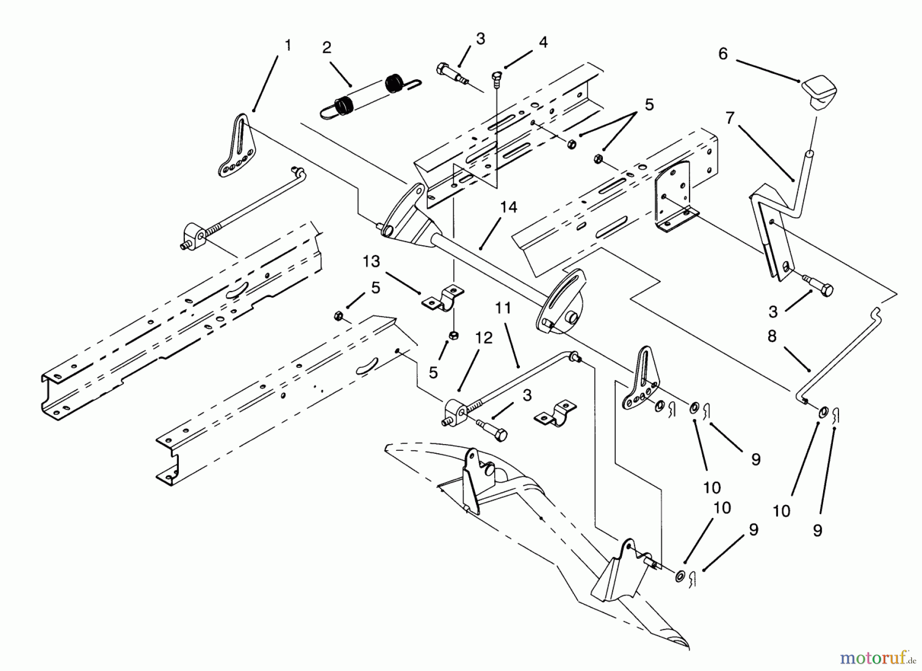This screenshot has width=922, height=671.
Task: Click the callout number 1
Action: tap(288, 46)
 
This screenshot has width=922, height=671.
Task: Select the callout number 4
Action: tap(543, 42)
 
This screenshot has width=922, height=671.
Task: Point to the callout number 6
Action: tap(723, 54)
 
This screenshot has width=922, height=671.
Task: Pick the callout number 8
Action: tap(772, 337)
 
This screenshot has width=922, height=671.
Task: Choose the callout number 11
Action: tap(504, 308)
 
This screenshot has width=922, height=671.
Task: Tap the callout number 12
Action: tap(484, 338)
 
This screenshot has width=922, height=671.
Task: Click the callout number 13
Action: tap(371, 262)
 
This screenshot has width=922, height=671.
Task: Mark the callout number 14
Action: tap(509, 207)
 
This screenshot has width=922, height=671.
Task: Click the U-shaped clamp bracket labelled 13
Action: tap(444, 300)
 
